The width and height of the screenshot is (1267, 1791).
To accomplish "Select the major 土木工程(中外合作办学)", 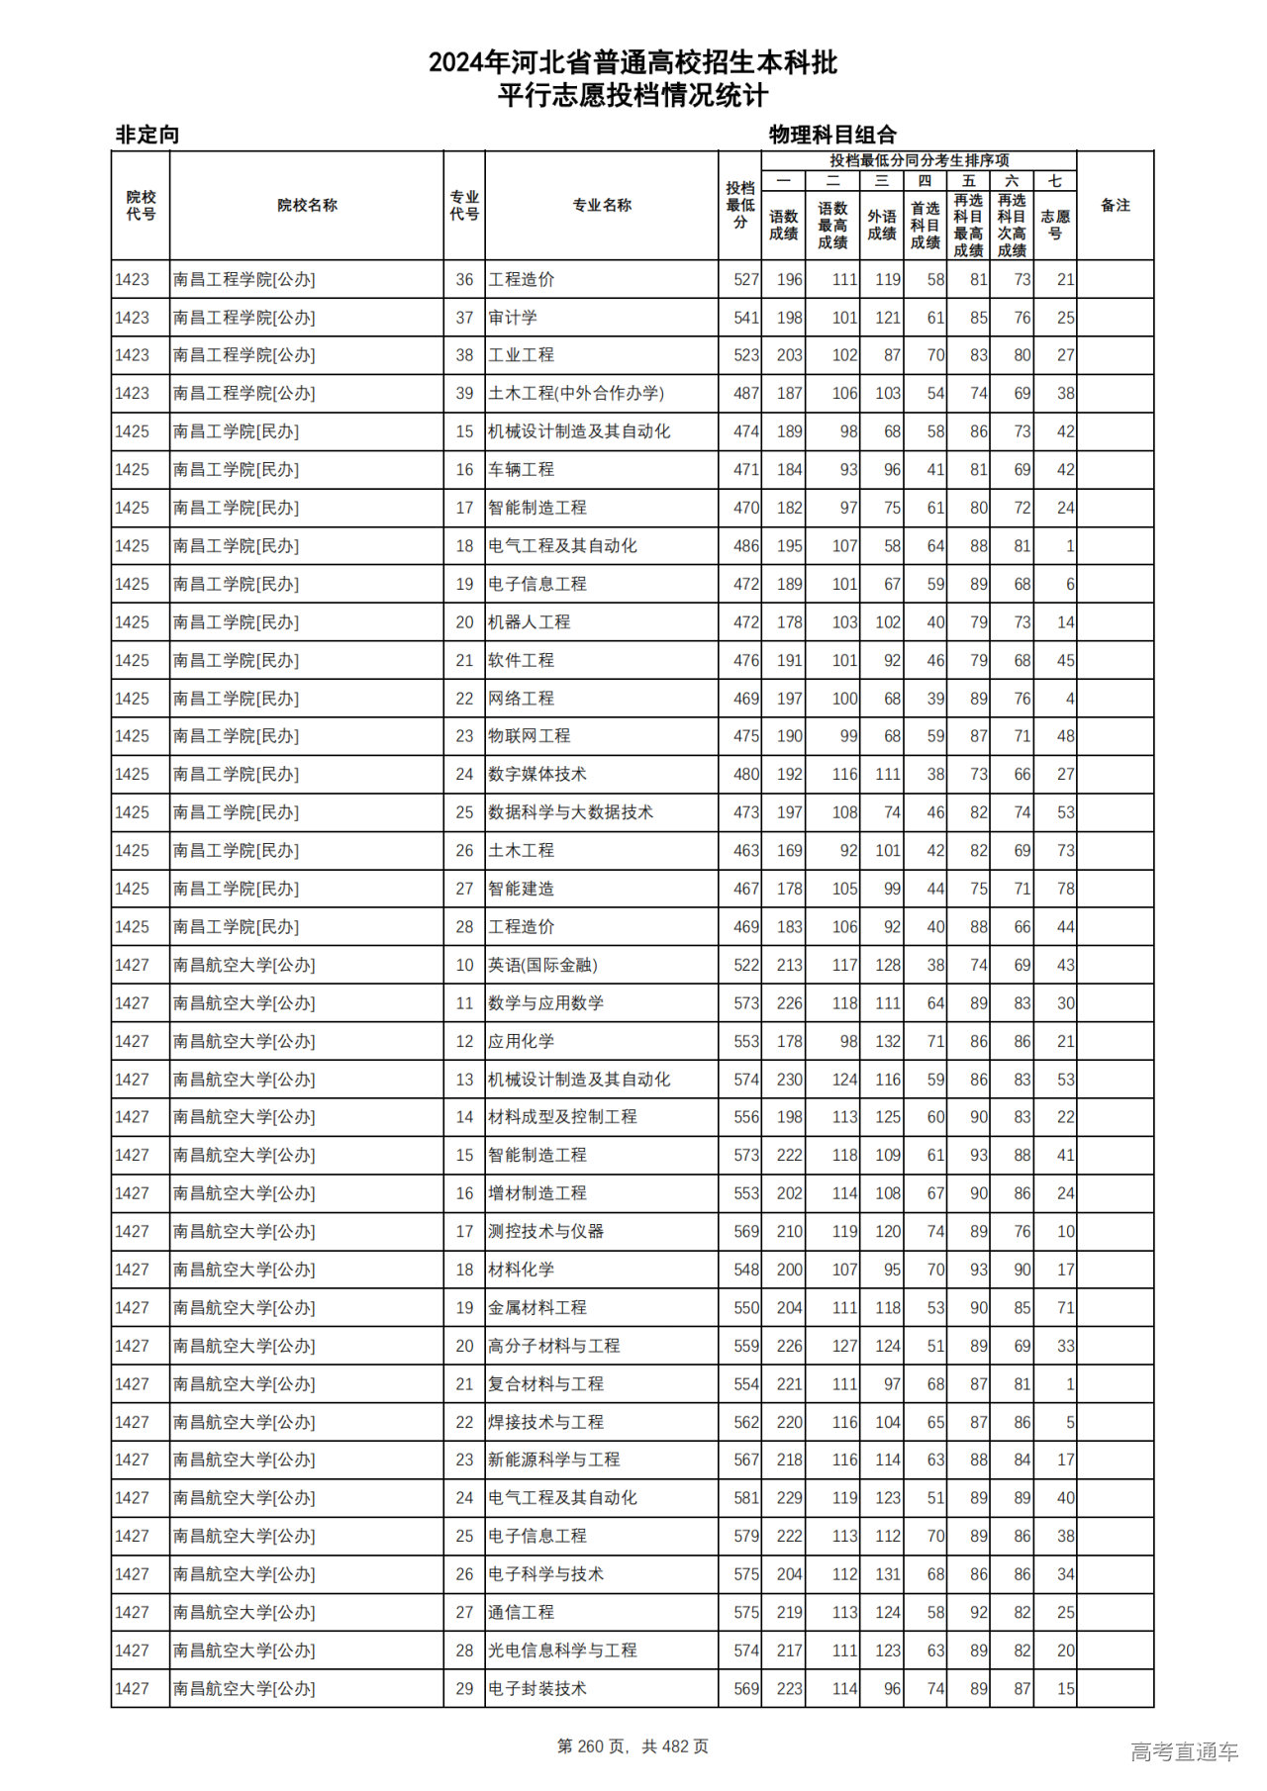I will [x=576, y=393].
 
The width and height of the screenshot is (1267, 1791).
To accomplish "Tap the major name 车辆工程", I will [x=521, y=470].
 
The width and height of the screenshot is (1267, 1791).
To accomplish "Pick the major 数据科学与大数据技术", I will [x=570, y=812].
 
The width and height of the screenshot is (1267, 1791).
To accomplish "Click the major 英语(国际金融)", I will [x=542, y=965].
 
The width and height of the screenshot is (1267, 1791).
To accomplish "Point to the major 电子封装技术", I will [x=537, y=1689].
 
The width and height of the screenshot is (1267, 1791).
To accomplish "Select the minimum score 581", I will [x=746, y=1498].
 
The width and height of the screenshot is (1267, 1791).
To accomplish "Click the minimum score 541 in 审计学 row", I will [x=746, y=318].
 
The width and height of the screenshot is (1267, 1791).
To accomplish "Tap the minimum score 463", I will [x=746, y=851].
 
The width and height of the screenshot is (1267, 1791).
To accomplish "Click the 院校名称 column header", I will [x=307, y=206].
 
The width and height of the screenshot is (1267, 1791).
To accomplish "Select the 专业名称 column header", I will [x=602, y=206].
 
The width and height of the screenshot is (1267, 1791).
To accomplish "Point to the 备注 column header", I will [x=1116, y=206].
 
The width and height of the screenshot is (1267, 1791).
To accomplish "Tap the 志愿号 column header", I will [x=1055, y=225].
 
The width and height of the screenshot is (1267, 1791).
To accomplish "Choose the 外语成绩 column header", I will [x=882, y=225].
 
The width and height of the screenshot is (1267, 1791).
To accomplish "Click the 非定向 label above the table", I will [x=147, y=135].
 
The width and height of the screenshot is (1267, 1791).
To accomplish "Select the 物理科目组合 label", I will [x=832, y=135].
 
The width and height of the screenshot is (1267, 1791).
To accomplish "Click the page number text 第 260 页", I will [x=592, y=1746].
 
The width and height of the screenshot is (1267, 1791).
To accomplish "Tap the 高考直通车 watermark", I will [x=1184, y=1751].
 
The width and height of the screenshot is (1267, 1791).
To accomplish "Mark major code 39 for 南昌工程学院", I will [x=464, y=393].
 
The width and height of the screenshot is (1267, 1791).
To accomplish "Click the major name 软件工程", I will [x=521, y=660].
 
